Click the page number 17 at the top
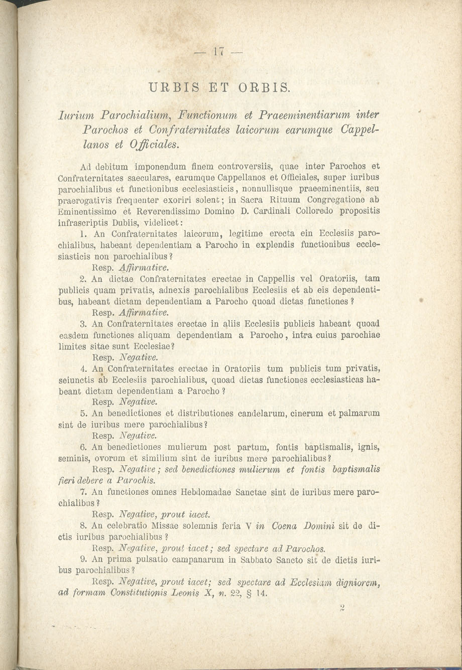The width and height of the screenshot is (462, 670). [217, 52]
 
